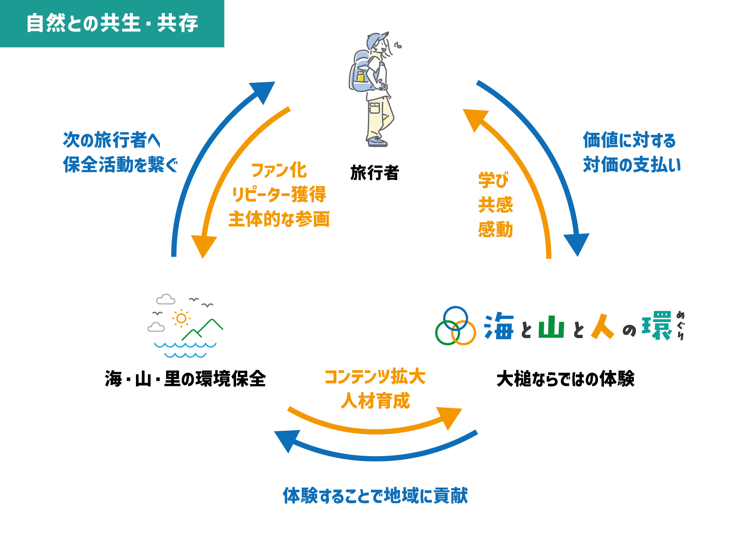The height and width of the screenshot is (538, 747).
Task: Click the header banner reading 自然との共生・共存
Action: pyautogui.click(x=112, y=23)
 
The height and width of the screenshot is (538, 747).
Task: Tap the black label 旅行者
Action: pyautogui.click(x=375, y=173)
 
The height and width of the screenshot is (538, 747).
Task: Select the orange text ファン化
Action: pyautogui.click(x=279, y=170)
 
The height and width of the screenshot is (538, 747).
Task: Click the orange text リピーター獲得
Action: pyautogui.click(x=279, y=195)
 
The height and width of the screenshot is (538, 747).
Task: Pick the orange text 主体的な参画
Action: pyautogui.click(x=279, y=219)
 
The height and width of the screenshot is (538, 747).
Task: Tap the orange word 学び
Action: pyautogui.click(x=493, y=180)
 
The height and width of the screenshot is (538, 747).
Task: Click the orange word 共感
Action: pyautogui.click(x=496, y=205)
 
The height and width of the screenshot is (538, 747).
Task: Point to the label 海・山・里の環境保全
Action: pyautogui.click(x=185, y=379)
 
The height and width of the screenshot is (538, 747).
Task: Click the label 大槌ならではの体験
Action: pyautogui.click(x=565, y=379)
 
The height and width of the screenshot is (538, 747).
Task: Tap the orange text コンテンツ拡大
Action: pyautogui.click(x=375, y=377)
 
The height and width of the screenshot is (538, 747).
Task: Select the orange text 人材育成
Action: pyautogui.click(x=375, y=401)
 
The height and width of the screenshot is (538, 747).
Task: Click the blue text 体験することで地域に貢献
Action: pyautogui.click(x=375, y=496)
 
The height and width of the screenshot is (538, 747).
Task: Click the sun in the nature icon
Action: pyautogui.click(x=181, y=318)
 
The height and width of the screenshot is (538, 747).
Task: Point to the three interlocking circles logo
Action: pyautogui.click(x=455, y=326)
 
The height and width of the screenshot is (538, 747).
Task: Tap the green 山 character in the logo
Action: pyautogui.click(x=551, y=327)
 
